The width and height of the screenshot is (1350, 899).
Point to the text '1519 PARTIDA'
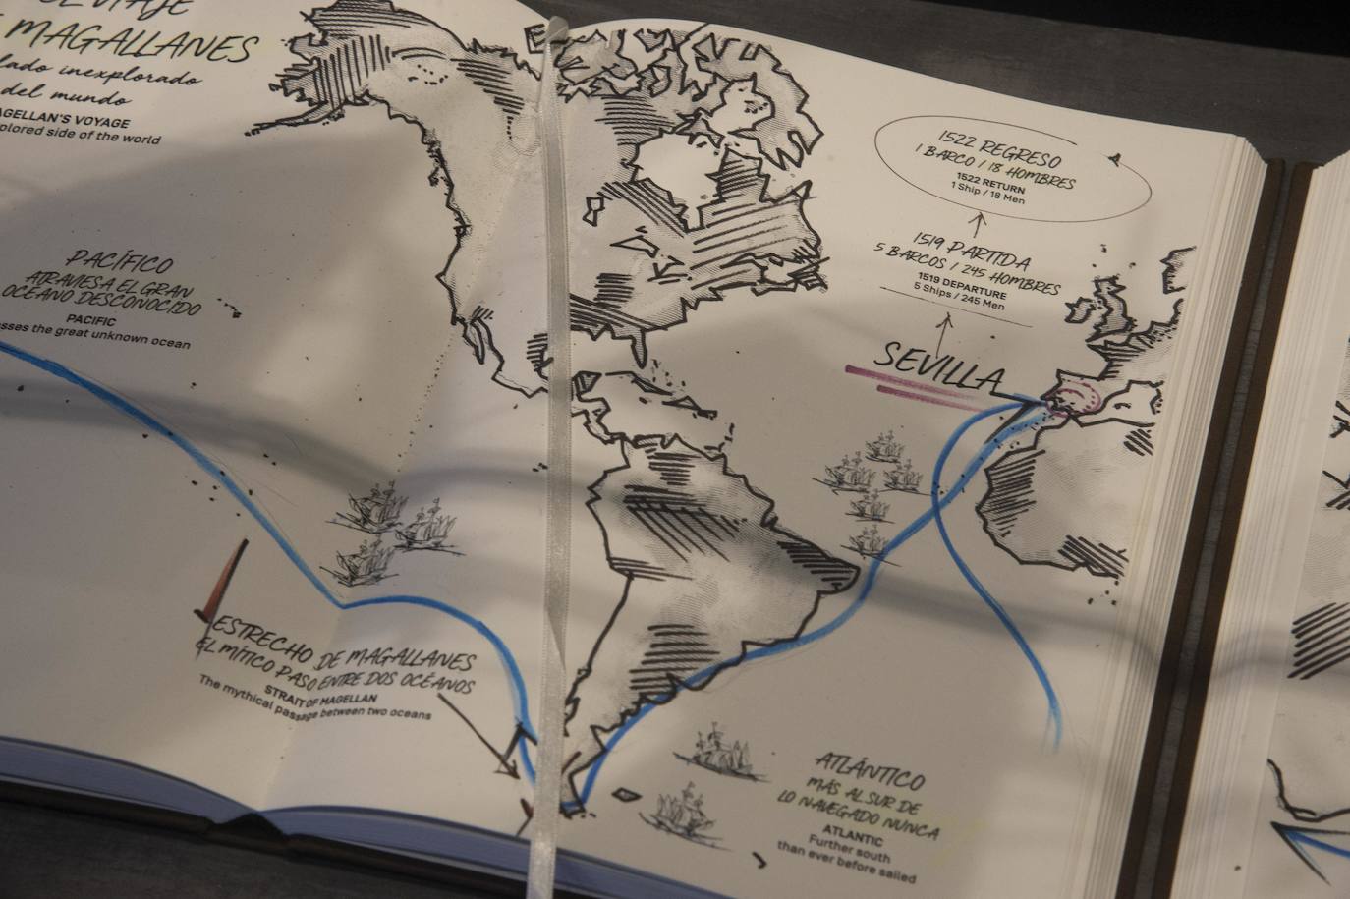[x=970, y=251]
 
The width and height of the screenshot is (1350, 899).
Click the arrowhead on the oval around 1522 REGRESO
[x=1115, y=156]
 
